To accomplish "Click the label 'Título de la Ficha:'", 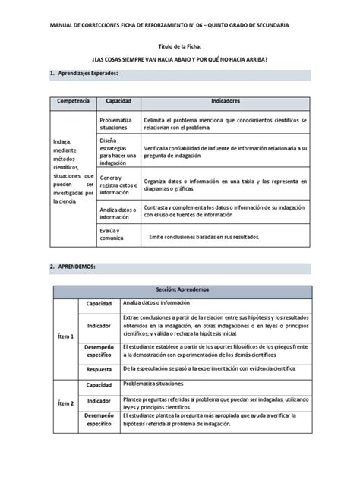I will [179, 47].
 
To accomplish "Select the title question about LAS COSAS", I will [179, 60].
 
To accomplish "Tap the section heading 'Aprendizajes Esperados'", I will [88, 74].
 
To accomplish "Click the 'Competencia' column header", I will [72, 101].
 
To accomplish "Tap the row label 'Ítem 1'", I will [66, 336].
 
